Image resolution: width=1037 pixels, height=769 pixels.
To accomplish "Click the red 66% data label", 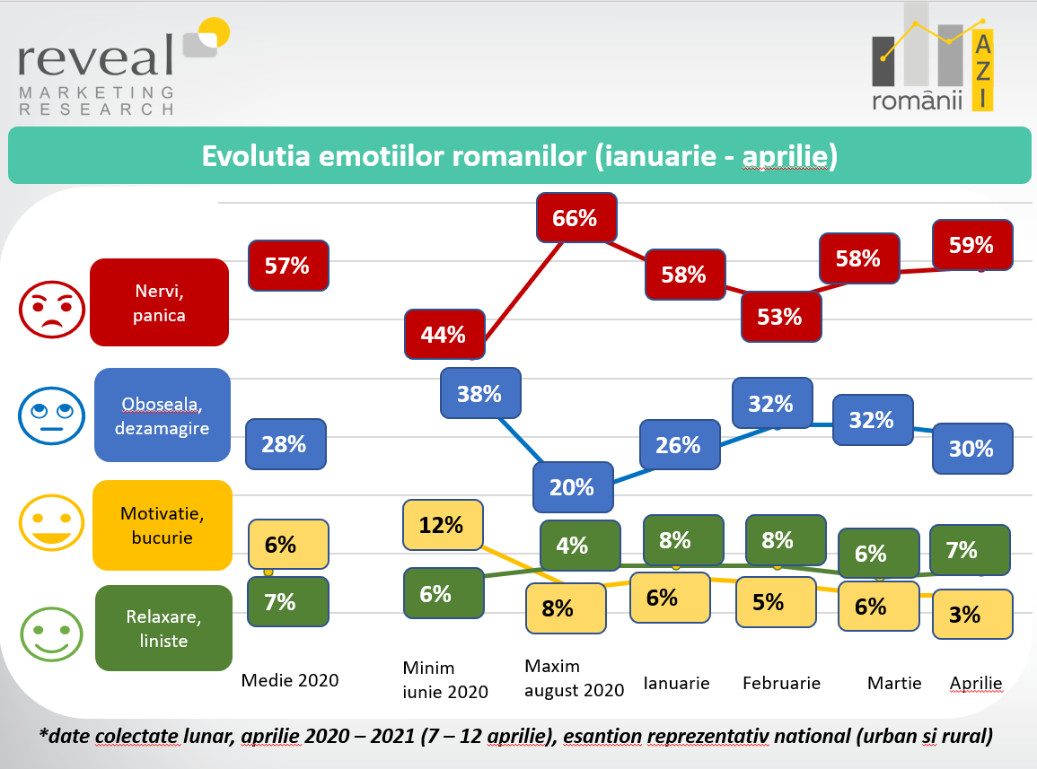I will coord(576,218).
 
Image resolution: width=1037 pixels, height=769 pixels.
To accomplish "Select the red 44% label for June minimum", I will coord(444,335).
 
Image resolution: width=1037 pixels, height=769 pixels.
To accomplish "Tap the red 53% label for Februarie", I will coord(779,316).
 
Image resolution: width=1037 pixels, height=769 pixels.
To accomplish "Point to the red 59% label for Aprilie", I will coord(971,244).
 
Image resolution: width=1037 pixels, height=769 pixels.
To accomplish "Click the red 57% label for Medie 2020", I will coord(287,265).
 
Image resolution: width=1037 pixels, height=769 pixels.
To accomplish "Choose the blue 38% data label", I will coord(479,393).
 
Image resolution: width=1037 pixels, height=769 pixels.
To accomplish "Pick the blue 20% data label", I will coord(572,487).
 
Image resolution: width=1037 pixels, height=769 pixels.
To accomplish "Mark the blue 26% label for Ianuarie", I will coord(678,444).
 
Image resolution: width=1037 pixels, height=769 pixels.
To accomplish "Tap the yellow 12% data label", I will coord(442,525).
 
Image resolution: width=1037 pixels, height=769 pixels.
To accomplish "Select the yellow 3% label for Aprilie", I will coord(971,614).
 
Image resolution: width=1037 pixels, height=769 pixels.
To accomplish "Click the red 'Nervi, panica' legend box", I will coord(160,302).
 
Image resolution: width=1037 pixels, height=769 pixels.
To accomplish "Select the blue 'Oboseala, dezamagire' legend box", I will coord(163,415).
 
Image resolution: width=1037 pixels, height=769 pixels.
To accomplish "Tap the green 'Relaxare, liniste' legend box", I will coord(163,628).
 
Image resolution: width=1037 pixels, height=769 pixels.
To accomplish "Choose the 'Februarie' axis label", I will coord(781,683).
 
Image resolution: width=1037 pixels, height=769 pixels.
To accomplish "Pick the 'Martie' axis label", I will coord(894,683).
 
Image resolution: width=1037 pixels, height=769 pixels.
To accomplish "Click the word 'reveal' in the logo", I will coord(96,57).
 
